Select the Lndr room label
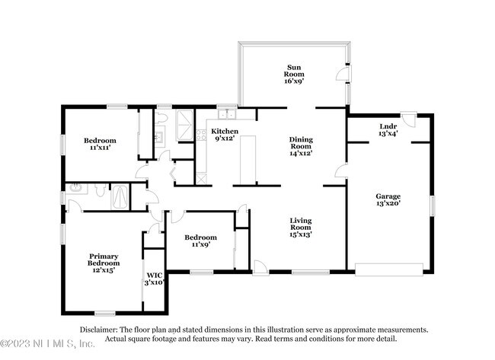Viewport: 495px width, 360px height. tap(388, 130)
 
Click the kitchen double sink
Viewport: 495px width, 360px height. tap(225, 115)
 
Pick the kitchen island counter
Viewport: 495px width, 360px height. tap(245, 161)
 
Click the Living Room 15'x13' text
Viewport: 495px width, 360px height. tap(300, 228)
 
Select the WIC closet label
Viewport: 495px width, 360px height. tap(155, 279)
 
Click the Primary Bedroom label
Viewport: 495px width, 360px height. tap(103, 262)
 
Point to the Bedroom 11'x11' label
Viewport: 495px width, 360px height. tap(100, 145)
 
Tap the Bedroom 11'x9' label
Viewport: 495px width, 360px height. tap(201, 241)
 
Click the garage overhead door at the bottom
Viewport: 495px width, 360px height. tap(388, 269)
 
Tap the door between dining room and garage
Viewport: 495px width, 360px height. tap(339, 174)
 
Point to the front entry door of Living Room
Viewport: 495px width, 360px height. tap(260, 267)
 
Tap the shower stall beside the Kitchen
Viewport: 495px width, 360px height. tap(186, 122)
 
